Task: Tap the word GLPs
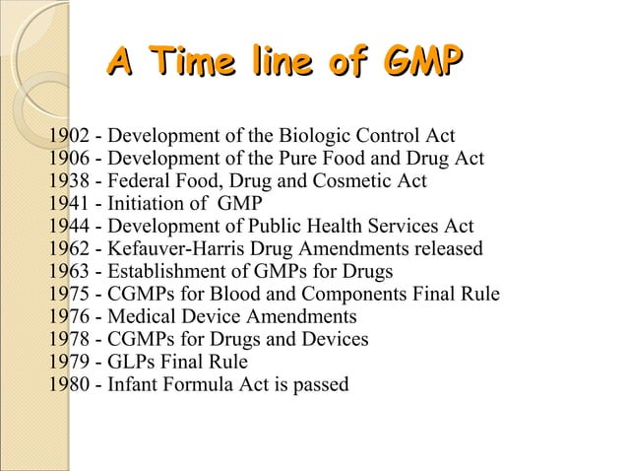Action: (131, 361)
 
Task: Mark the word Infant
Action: (130, 383)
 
